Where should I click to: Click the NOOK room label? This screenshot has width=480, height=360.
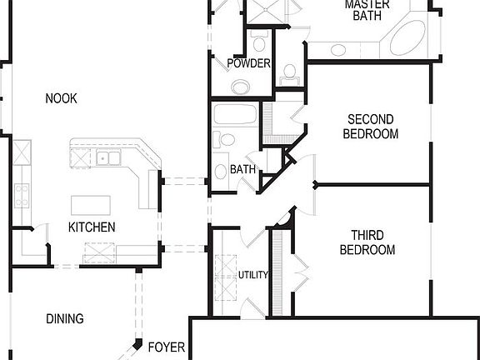coord(61,98)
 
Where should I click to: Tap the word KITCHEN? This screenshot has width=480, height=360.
coord(92,227)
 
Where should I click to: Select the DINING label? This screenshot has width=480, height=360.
coord(64,318)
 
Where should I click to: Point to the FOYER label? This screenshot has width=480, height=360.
coord(162,345)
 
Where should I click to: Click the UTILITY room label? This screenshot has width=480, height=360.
coord(253,275)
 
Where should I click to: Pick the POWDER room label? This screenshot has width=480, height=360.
coord(248,63)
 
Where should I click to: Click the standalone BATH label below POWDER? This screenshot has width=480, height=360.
coord(243,169)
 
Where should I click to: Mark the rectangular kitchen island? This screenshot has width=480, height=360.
coord(91,206)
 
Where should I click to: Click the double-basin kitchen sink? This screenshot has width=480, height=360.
coord(107,157)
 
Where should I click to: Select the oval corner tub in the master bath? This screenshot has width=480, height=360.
coord(407,37)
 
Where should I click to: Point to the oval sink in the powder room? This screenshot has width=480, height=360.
coord(241,87)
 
